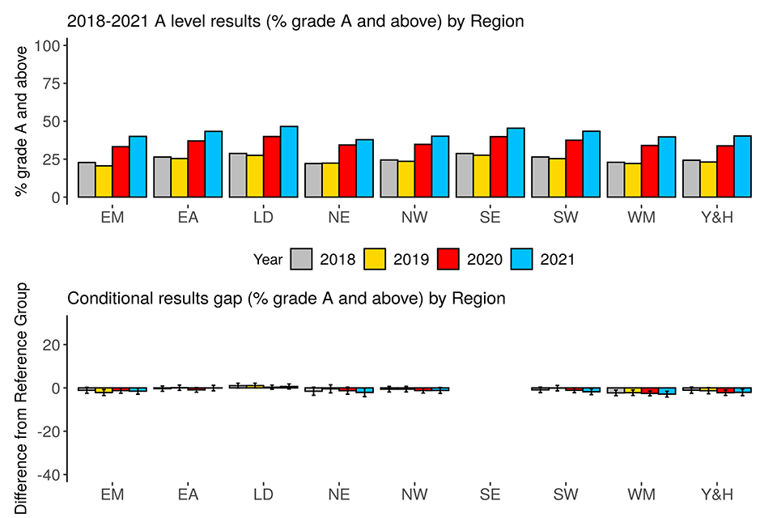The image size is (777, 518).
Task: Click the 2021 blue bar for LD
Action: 289,162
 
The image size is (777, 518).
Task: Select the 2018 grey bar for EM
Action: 87,180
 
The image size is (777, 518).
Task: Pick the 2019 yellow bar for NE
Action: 330,180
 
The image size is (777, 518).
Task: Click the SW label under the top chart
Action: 567,217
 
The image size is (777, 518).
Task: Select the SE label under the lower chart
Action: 490,495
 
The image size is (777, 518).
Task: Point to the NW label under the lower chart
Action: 414,495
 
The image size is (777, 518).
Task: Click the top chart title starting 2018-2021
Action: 295,22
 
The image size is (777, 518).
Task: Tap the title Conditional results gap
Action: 287,299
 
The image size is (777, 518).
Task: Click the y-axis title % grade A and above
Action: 22,121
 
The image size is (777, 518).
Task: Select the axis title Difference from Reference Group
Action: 22,397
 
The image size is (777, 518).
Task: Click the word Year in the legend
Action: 268,260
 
